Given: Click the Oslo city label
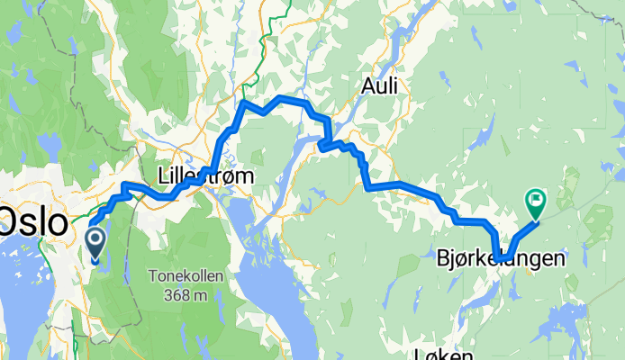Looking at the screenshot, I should [x=32, y=221].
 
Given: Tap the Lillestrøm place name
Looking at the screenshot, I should [x=204, y=175].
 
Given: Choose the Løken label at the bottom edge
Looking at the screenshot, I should [x=445, y=354].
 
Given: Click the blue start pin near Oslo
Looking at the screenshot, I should [x=95, y=240].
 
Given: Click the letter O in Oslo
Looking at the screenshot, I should [x=11, y=221].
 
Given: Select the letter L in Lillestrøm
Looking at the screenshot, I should [x=162, y=175].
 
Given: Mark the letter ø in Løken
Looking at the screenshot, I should [x=433, y=355].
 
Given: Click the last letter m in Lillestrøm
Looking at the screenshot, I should [x=244, y=175].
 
